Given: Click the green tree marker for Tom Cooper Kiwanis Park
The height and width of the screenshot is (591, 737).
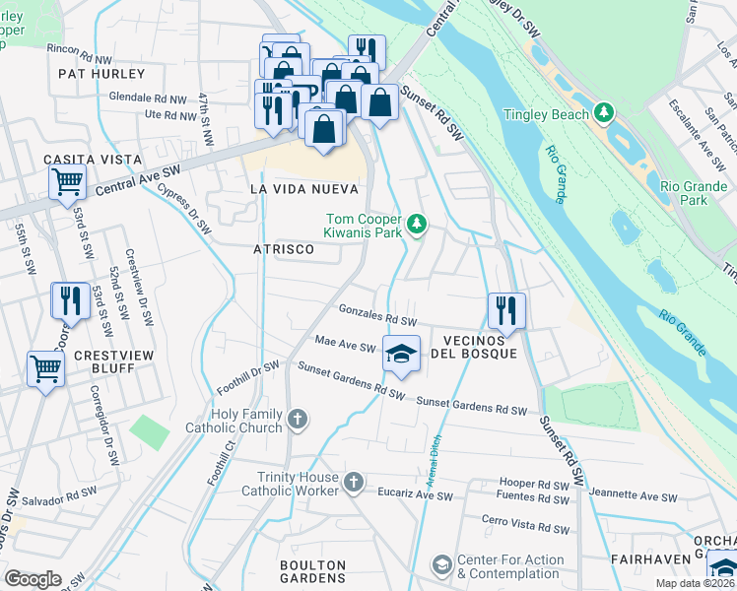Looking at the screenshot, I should point(418,226).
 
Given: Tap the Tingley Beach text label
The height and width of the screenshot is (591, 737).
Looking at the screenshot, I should point(546,114).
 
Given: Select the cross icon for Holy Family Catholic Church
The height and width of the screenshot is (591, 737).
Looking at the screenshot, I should point(296,422).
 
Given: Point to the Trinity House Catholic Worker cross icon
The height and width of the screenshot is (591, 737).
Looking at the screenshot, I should point(355,482).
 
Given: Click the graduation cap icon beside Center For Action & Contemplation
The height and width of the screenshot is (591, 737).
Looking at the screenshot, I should point(441,565).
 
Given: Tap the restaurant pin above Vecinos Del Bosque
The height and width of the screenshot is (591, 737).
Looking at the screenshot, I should point(506,310).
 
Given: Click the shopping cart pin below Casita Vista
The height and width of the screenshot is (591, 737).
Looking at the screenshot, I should point(67,180).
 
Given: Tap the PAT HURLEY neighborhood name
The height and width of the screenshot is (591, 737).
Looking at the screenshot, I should point(100,74).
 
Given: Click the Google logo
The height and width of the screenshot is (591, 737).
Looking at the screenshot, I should point(33,579).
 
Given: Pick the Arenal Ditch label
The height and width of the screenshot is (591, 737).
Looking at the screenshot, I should point(434,460).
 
